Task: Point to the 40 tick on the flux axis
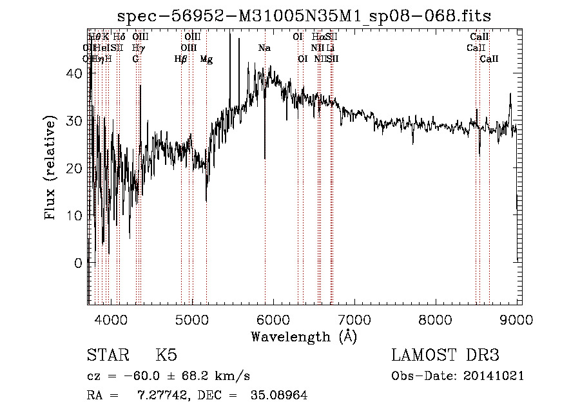75,73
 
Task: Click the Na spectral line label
264,48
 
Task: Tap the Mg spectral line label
206,59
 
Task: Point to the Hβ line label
180,59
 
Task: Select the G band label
135,59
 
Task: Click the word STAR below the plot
106,356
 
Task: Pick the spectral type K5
166,356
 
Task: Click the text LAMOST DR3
445,356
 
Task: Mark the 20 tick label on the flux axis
75,168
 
